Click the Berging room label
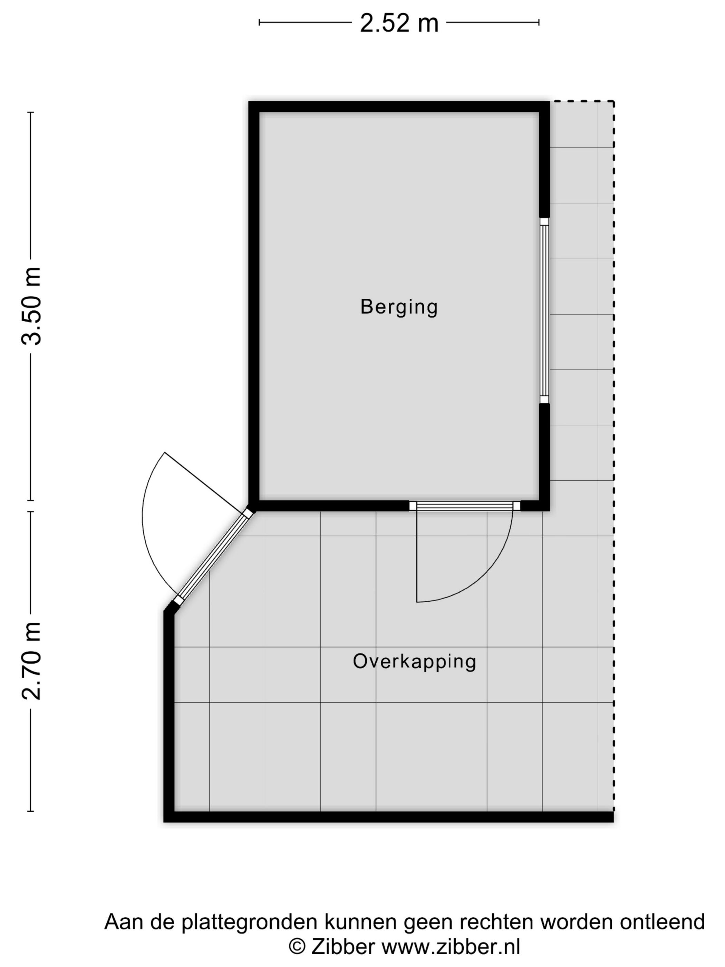click(398, 307)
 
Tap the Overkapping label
click(414, 661)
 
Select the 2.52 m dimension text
click(398, 23)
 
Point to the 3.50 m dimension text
click(32, 306)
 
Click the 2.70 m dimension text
click(32, 661)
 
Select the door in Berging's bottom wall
click(464, 506)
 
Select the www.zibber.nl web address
click(451, 947)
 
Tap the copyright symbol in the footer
click(297, 947)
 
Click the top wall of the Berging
click(398, 107)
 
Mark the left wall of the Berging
click(254, 306)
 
